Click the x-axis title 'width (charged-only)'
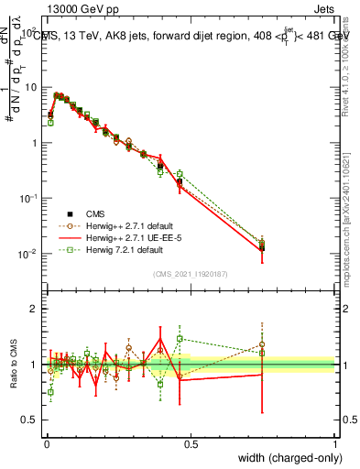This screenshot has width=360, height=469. [x=286, y=457]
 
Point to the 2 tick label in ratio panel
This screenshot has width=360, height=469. [x=35, y=310]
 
